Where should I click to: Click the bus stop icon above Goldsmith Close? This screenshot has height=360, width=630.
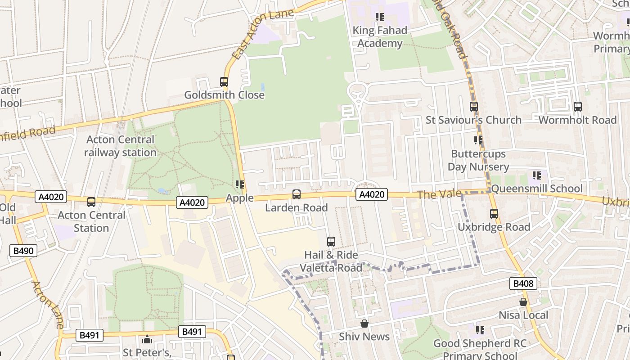(224, 82)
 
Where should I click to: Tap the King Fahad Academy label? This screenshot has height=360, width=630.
(380, 37)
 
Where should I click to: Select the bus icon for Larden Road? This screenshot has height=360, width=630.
(297, 194)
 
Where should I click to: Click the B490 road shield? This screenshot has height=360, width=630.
(23, 251)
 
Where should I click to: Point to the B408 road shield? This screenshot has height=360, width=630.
(523, 283)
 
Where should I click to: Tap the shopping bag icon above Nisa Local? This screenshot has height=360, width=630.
(523, 302)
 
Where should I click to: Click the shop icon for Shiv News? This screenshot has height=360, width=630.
(364, 324)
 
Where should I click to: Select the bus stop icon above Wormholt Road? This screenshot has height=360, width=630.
(578, 107)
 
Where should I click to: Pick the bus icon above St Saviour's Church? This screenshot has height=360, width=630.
(474, 107)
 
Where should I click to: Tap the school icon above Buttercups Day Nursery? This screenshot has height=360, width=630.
(478, 140)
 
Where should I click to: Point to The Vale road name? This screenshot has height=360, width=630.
(439, 194)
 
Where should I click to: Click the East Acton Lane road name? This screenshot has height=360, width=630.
(263, 34)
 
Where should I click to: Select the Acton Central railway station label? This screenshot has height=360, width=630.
(120, 146)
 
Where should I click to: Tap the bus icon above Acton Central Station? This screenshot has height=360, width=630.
(91, 202)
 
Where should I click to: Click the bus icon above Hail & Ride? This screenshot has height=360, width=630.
(331, 242)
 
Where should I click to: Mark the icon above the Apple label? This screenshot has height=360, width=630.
(240, 184)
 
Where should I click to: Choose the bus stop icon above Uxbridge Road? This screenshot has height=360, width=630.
(494, 214)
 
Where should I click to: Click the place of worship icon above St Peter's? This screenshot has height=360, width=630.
(147, 339)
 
